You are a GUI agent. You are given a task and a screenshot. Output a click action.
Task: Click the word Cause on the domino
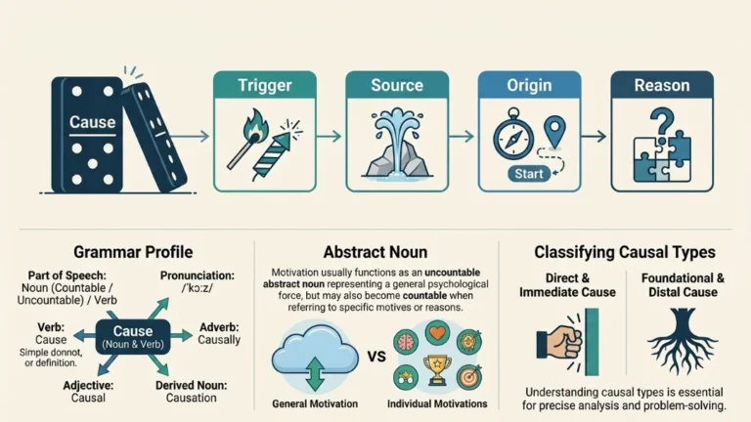point(92,122)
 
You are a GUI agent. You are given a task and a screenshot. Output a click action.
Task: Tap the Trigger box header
point(265,85)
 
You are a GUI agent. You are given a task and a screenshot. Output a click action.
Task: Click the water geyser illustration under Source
point(397,143)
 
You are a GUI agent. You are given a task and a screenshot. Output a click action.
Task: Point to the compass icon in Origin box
point(513,135)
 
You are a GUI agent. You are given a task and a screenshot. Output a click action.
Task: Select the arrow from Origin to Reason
point(594,137)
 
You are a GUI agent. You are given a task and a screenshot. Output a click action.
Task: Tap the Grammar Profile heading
point(133,252)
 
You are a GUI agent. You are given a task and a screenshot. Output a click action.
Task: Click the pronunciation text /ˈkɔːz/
point(198,288)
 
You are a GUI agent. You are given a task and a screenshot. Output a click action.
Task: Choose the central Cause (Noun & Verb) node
point(133,337)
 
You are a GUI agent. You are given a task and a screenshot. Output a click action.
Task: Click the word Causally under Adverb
point(219,340)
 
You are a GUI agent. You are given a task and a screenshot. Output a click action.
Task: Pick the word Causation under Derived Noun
point(191,398)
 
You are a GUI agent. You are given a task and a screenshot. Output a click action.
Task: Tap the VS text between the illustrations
point(376,357)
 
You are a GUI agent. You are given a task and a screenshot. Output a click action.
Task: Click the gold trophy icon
point(437,369)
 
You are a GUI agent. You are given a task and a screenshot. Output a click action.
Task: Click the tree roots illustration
point(683,340)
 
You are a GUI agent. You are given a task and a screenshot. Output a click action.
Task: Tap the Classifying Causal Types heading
point(625,252)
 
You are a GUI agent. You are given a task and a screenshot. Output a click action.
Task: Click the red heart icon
point(437,332)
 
